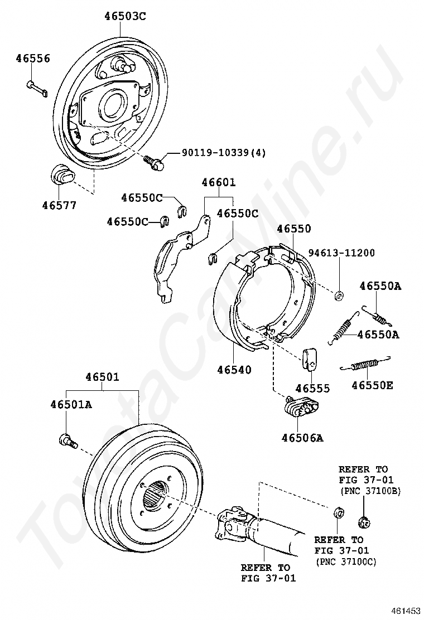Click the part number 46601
click(218, 182)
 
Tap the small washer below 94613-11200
click(338, 294)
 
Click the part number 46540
click(234, 370)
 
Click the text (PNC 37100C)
click(346, 561)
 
